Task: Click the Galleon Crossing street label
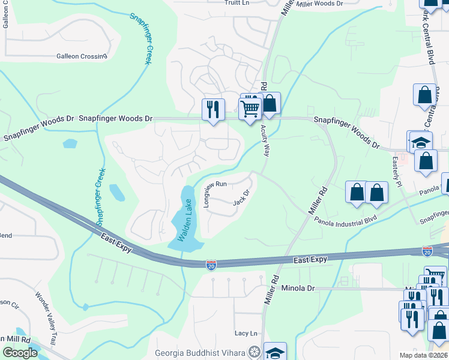[x=82, y=56]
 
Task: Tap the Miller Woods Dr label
[x=320, y=4]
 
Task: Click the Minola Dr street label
[x=298, y=289]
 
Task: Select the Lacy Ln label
[x=246, y=334]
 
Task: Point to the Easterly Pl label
[x=397, y=172]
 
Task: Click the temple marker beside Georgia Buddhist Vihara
[x=255, y=352]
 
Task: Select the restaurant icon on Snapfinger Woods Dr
[x=213, y=109]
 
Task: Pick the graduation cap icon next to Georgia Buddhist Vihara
[x=275, y=352]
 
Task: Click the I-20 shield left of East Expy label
[x=211, y=265]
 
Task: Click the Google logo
[x=20, y=353]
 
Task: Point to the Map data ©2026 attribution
[x=423, y=355]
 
